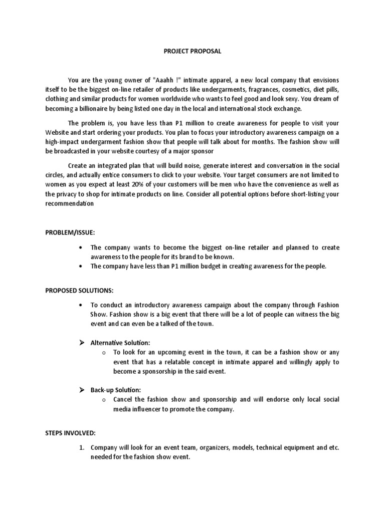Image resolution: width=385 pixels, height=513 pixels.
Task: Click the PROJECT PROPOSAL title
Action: click(x=192, y=51)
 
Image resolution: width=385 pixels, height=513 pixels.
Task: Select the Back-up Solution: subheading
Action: click(x=115, y=390)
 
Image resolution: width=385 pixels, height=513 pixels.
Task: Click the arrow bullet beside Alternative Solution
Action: click(x=82, y=343)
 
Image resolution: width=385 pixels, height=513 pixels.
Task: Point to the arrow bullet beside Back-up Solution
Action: click(x=82, y=390)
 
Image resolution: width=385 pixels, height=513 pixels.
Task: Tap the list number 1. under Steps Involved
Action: click(x=82, y=447)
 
